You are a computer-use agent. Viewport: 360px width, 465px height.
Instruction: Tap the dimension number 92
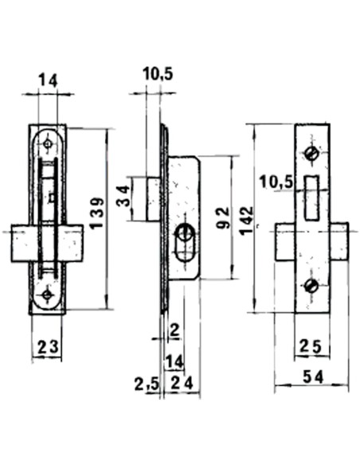[224, 217]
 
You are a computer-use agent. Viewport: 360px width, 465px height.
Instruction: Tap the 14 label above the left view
[47, 80]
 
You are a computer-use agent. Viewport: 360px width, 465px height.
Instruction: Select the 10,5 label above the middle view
[158, 75]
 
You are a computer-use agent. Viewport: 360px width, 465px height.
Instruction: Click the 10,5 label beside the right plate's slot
[276, 183]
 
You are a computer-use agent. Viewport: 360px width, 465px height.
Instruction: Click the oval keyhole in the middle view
[186, 241]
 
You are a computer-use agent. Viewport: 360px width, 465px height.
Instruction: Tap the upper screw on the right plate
[311, 152]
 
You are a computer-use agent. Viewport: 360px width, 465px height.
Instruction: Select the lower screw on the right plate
[311, 286]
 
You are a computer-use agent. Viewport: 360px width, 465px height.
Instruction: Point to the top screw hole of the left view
[48, 144]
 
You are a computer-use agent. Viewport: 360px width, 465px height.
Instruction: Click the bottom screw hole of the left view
[48, 295]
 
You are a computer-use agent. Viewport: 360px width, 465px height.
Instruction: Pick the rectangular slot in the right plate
[311, 197]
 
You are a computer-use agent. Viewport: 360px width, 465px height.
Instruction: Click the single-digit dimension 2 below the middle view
[173, 329]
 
